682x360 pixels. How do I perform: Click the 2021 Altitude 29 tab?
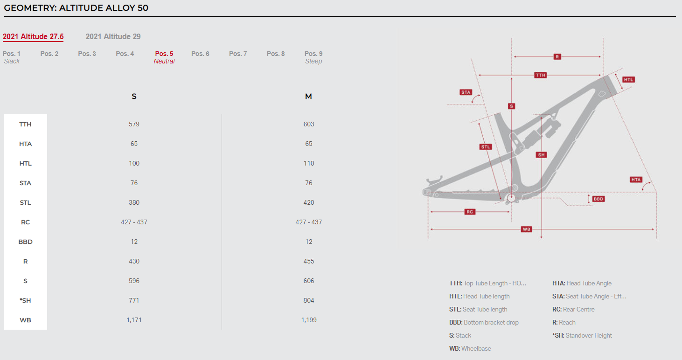[113, 36]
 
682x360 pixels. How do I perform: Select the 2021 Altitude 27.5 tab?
[33, 36]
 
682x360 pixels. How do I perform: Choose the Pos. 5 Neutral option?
[164, 57]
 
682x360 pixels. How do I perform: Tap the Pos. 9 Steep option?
[313, 57]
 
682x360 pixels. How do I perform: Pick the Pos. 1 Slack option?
[12, 57]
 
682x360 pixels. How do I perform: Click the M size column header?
[308, 97]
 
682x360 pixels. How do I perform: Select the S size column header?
[134, 97]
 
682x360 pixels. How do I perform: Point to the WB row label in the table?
[25, 320]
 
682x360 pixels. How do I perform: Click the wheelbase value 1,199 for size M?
[309, 320]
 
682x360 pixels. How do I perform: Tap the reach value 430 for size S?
[134, 262]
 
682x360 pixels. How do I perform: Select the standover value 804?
[309, 300]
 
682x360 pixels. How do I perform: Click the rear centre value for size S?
[134, 222]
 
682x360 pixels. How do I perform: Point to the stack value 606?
[309, 281]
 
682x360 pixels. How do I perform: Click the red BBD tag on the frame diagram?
[598, 199]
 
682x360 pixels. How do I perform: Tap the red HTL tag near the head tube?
[628, 80]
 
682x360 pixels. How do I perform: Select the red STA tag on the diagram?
[466, 92]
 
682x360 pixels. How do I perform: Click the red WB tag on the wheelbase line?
[526, 229]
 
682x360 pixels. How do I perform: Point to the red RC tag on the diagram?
[470, 212]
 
